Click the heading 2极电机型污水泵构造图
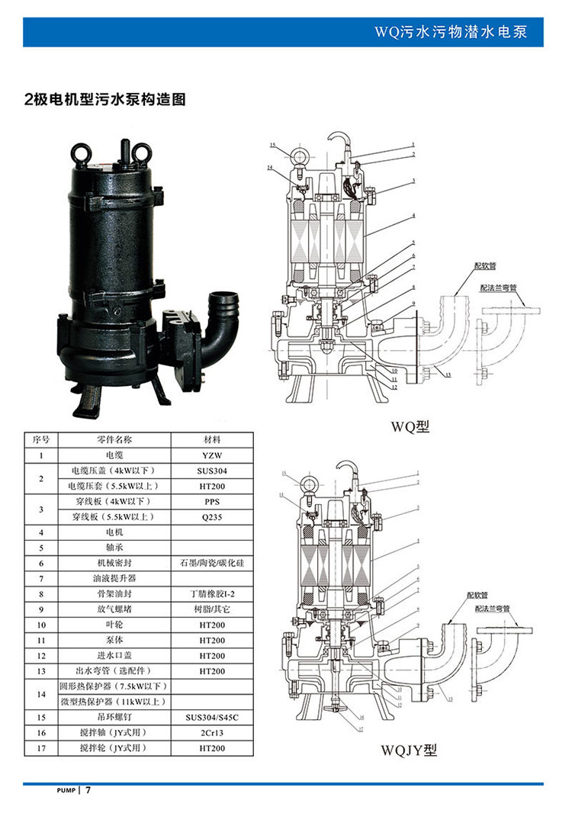point(105,100)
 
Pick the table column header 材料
point(212,440)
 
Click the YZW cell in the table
point(212,455)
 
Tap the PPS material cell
point(212,501)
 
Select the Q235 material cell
point(212,516)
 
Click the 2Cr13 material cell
point(212,733)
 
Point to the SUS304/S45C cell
point(212,718)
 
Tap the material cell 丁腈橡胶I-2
point(212,593)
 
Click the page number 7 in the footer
point(88,789)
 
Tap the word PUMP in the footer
point(67,790)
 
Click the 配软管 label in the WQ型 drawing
point(485,266)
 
